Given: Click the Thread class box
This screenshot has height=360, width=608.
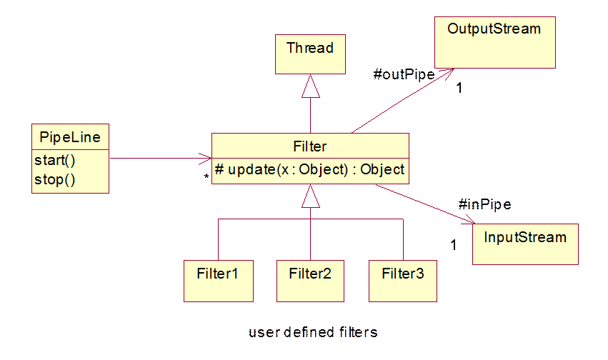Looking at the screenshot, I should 309,54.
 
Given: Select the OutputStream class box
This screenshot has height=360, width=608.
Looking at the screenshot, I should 494,44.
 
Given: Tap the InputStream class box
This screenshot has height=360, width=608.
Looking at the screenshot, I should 525,244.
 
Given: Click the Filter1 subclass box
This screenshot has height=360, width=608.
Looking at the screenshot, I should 218,280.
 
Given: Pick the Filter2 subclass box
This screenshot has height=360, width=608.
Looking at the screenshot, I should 310,280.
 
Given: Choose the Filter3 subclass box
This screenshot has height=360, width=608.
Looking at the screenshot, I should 402,280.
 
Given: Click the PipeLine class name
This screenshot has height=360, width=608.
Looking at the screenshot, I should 70,136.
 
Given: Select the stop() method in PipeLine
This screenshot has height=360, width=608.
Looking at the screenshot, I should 54,179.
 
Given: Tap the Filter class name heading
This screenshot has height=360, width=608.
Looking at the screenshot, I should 309,146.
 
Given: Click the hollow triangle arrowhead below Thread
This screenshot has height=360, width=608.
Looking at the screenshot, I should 310,87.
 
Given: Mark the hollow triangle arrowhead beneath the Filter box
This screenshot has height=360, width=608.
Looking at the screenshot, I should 310,196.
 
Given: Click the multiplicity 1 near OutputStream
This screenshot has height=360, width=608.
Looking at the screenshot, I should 459,88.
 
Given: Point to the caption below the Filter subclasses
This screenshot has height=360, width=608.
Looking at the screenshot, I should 312,332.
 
